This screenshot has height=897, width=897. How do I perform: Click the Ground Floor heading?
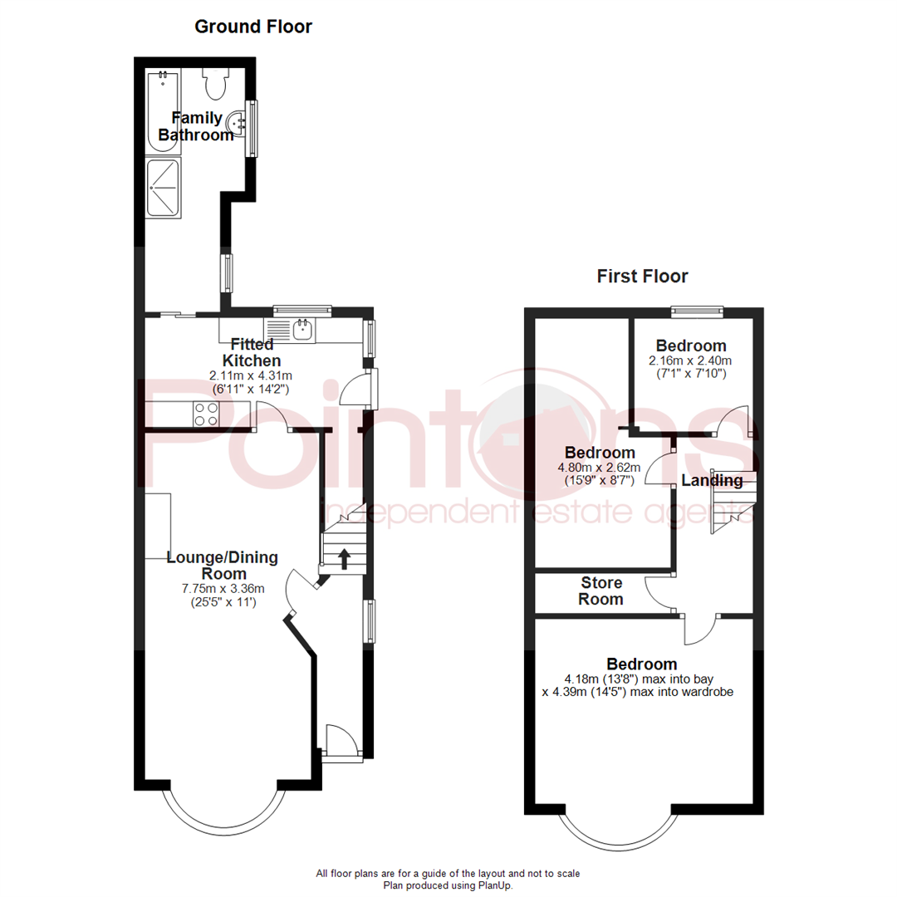pos(253,27)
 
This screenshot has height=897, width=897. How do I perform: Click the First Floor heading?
pos(642,277)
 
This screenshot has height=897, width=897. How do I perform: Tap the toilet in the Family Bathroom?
pos(216,82)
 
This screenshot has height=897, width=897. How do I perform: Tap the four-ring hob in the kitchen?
pos(205,414)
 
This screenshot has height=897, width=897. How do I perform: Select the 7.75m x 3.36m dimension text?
pos(223,589)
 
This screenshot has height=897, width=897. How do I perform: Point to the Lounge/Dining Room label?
pos(223,565)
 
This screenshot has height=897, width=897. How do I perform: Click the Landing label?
pos(712,480)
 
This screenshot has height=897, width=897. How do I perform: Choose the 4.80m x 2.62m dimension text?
pos(600,468)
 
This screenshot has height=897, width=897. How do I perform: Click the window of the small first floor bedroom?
pos(697,311)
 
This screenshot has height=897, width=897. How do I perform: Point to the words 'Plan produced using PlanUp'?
pos(448,885)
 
